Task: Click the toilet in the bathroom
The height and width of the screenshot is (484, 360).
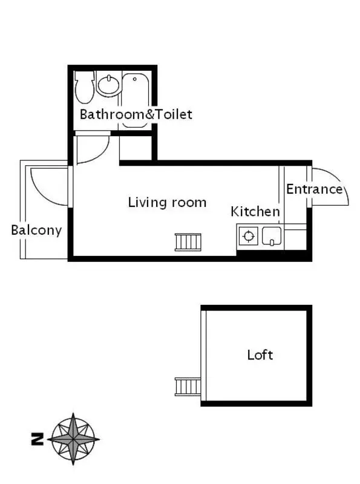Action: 84,87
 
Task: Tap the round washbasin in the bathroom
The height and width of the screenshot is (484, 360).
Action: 108,84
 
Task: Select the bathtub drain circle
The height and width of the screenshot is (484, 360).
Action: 134,79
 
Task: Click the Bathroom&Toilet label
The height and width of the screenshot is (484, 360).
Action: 136,114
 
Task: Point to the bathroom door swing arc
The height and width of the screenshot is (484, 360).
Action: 100,154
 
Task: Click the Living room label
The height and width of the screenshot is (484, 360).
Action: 167,203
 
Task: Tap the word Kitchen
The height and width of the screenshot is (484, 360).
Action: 255,212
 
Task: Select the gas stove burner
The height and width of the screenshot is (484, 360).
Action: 249,236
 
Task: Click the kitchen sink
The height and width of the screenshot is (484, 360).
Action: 272,236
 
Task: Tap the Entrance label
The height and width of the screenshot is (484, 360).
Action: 314,189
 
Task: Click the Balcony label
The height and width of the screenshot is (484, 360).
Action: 36,231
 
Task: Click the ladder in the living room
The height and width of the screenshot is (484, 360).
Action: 188,242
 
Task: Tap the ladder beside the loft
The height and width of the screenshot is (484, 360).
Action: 188,387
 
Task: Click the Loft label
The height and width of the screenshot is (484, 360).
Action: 260,355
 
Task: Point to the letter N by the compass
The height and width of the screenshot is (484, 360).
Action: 38,439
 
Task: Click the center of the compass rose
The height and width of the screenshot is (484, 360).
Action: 73,439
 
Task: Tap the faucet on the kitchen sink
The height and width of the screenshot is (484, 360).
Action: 272,243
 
